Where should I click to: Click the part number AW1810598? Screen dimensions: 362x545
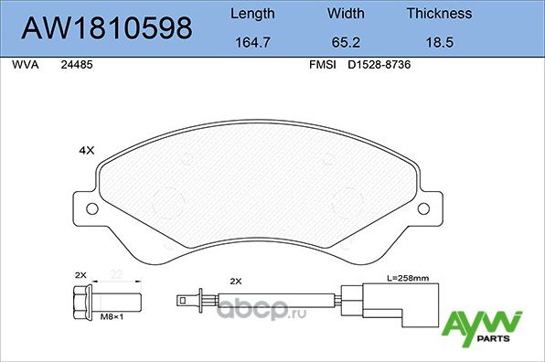106,27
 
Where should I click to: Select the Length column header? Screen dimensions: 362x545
251,14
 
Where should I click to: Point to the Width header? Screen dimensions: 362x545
347,14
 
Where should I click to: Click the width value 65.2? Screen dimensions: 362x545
347,41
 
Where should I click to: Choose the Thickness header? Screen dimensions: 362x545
439,14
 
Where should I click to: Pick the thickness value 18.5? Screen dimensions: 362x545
439,41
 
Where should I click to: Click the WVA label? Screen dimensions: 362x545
24,66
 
